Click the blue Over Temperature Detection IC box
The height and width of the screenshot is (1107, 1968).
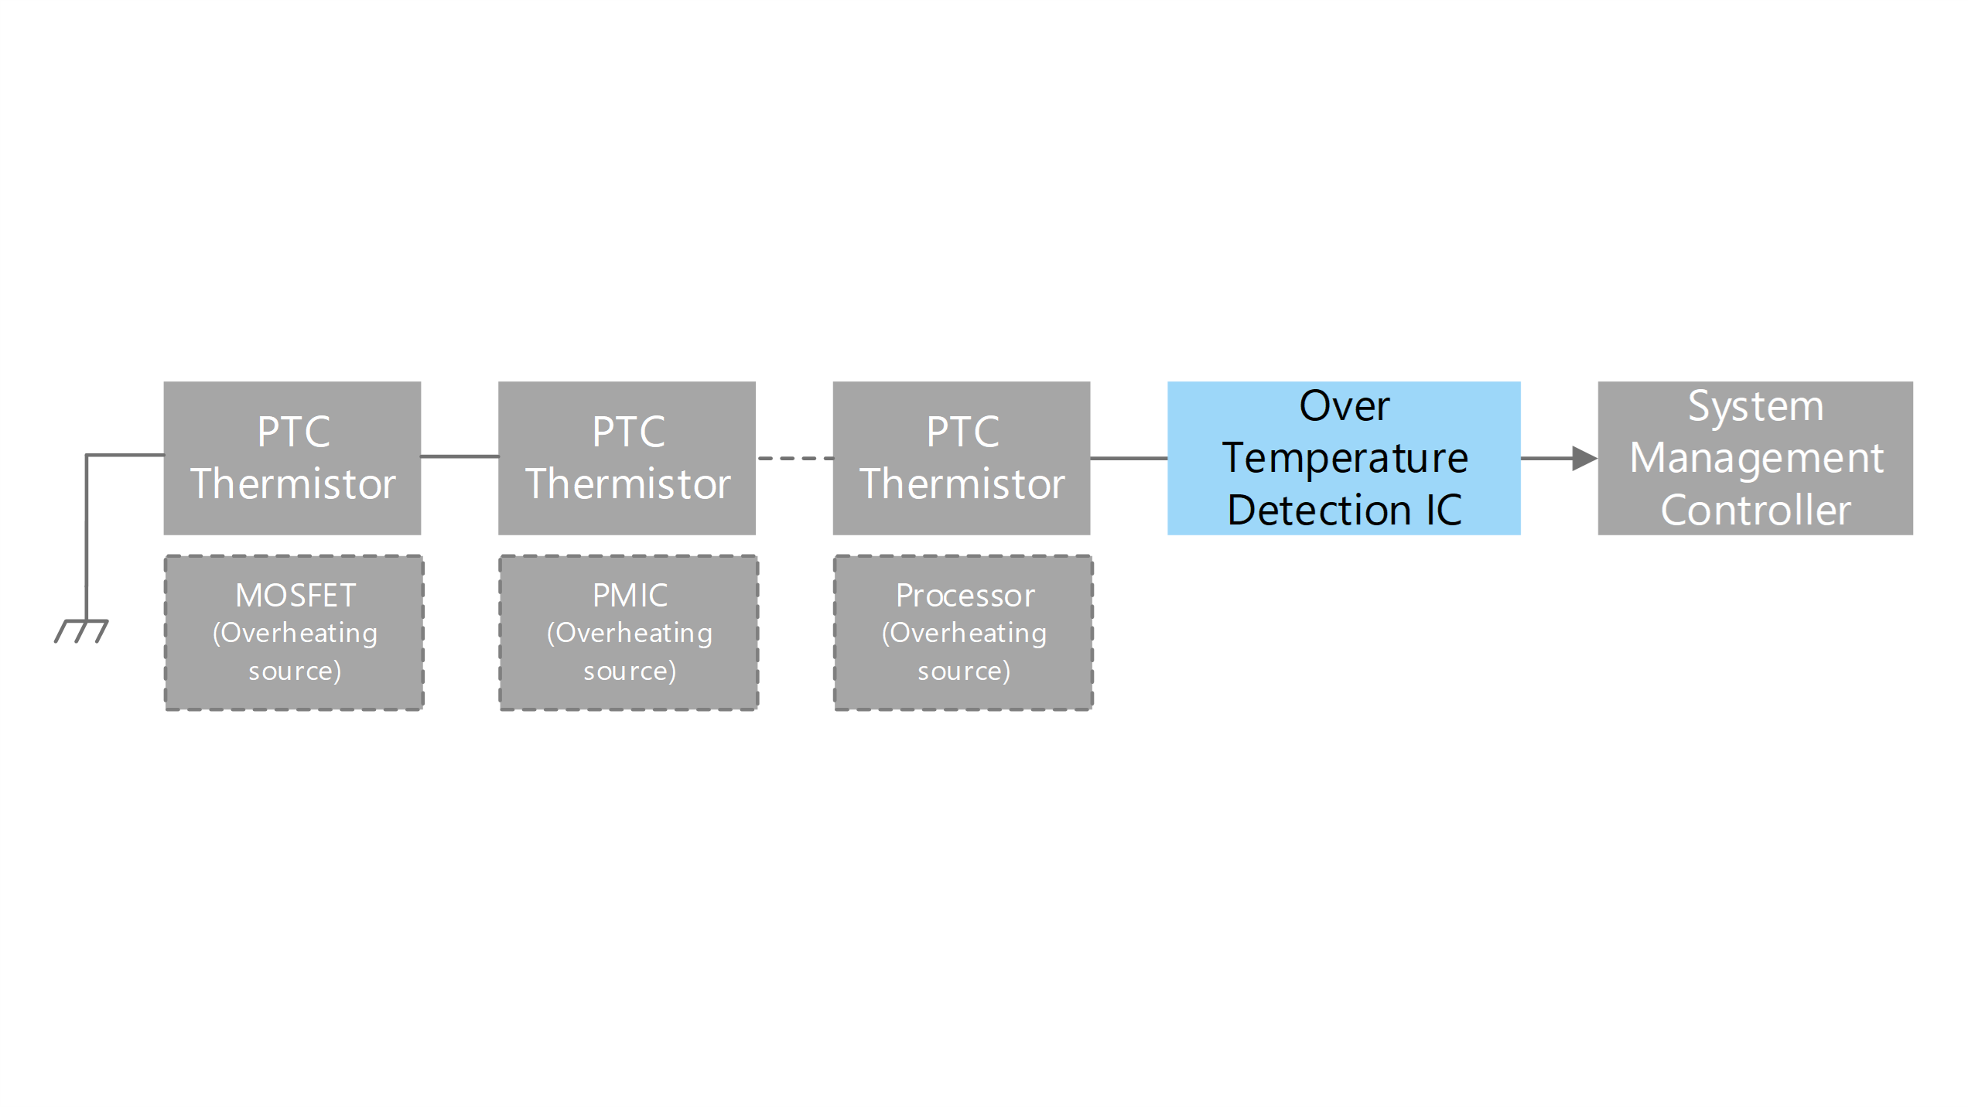tap(1344, 458)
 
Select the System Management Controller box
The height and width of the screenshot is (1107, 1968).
tap(1755, 458)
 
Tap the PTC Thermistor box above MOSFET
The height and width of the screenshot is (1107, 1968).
tap(292, 458)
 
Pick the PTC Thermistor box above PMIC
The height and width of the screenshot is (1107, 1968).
tap(627, 458)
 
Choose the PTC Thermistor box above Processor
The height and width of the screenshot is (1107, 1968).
tap(962, 458)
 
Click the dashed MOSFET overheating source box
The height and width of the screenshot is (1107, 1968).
tap(294, 633)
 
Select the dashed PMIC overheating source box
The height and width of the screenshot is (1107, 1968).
tap(629, 633)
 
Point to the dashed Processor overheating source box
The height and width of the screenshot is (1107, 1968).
tap(963, 633)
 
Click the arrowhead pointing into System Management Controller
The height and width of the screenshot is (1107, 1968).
tap(1585, 458)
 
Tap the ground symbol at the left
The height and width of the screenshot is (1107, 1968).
tap(82, 630)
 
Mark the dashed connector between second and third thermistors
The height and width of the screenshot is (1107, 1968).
tap(794, 459)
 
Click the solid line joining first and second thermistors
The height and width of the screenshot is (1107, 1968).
tap(460, 456)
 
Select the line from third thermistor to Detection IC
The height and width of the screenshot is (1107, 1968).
tap(1129, 458)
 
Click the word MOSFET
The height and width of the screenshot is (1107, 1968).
tap(296, 596)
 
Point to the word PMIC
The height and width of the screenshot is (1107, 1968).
tap(630, 596)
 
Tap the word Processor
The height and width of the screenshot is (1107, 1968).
tap(965, 596)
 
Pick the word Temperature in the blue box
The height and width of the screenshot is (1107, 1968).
tap(1344, 459)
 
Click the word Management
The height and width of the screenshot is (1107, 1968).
tap(1756, 459)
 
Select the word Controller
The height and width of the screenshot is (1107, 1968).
tap(1755, 511)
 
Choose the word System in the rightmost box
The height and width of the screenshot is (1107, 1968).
tap(1755, 407)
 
